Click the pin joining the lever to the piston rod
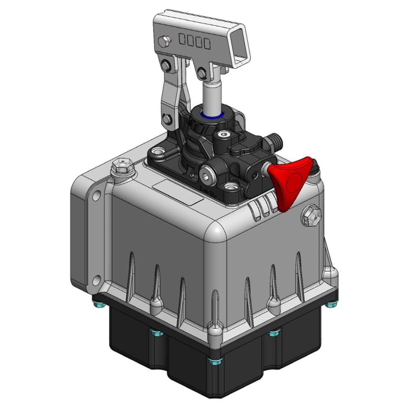202,74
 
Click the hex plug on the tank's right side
311,215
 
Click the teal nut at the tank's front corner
215,360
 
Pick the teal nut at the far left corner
99,305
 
